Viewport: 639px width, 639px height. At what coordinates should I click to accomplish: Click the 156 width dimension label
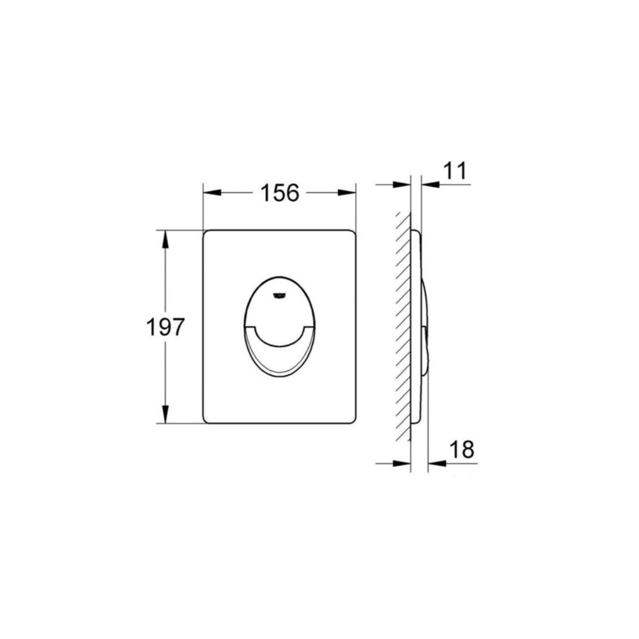click(x=280, y=193)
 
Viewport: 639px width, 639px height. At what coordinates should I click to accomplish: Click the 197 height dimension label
click(x=165, y=327)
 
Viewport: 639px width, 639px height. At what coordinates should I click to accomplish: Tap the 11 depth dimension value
click(x=455, y=171)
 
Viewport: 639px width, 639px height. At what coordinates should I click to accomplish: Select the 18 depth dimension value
click(x=462, y=449)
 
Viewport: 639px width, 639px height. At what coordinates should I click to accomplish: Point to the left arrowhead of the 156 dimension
click(x=212, y=193)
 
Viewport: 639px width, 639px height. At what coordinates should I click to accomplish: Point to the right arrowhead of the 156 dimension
click(x=347, y=193)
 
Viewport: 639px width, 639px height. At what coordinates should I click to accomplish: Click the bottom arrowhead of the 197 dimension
click(x=165, y=413)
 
